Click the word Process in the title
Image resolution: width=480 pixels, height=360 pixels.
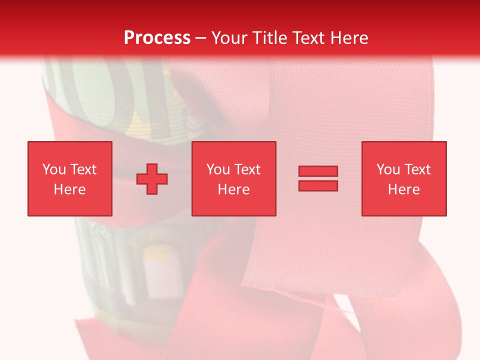[157, 38]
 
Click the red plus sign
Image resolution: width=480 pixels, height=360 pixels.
[152, 178]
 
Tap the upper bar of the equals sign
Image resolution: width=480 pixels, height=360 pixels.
[318, 171]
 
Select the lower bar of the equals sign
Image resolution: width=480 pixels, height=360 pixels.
[318, 185]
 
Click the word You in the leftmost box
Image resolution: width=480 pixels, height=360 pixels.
[54, 169]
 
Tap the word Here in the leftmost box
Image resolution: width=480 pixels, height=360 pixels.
[69, 189]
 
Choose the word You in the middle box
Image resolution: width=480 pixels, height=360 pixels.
[218, 169]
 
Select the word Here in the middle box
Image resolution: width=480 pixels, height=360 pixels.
[233, 189]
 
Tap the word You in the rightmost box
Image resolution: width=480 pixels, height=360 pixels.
[388, 169]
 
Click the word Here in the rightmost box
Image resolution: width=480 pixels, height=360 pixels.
[403, 189]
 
